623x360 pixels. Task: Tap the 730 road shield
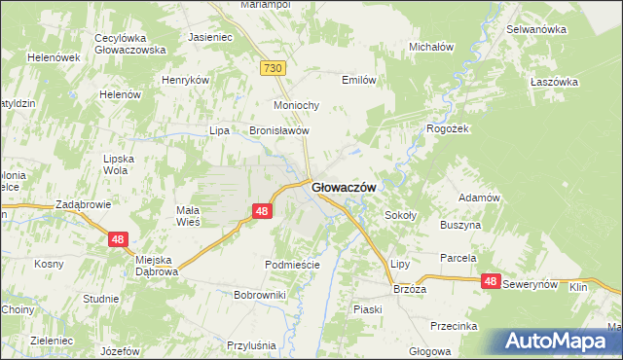coord(273,67)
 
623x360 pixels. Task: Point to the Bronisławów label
coord(279,130)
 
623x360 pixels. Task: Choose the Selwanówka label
coord(536,29)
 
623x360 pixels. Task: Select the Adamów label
coord(479,198)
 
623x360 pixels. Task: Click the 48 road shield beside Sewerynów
coord(490,281)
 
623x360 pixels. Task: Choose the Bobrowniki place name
coord(259,294)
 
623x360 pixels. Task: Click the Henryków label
coord(186,80)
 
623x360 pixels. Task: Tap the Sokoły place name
coord(401,215)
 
